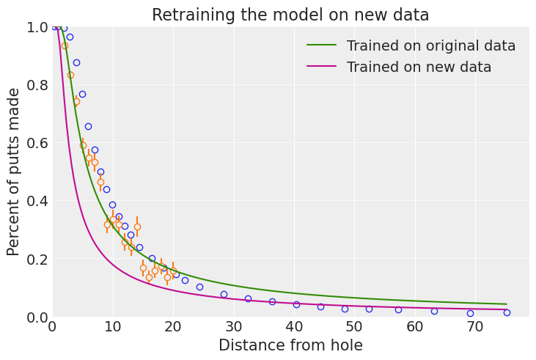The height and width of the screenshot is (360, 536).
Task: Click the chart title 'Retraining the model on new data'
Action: (x=290, y=15)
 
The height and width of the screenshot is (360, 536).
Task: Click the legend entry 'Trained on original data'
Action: (x=430, y=46)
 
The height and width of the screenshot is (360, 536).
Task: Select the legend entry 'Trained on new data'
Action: (x=419, y=67)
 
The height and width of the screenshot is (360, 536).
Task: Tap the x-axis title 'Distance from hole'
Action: (x=290, y=345)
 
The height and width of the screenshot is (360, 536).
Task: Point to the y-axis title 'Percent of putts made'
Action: (x=14, y=172)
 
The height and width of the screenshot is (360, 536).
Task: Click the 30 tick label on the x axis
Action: (x=233, y=326)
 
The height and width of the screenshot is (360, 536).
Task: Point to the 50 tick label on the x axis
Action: (x=354, y=326)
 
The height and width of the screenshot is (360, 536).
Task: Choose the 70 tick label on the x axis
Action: (x=475, y=326)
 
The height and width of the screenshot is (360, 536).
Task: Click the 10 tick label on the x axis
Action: (x=112, y=326)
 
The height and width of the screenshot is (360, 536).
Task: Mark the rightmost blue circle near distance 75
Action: (x=507, y=312)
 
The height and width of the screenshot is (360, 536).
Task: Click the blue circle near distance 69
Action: (x=470, y=313)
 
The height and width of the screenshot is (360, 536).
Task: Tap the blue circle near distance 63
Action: (x=434, y=311)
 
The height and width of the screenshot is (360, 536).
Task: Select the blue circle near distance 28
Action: (x=224, y=294)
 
